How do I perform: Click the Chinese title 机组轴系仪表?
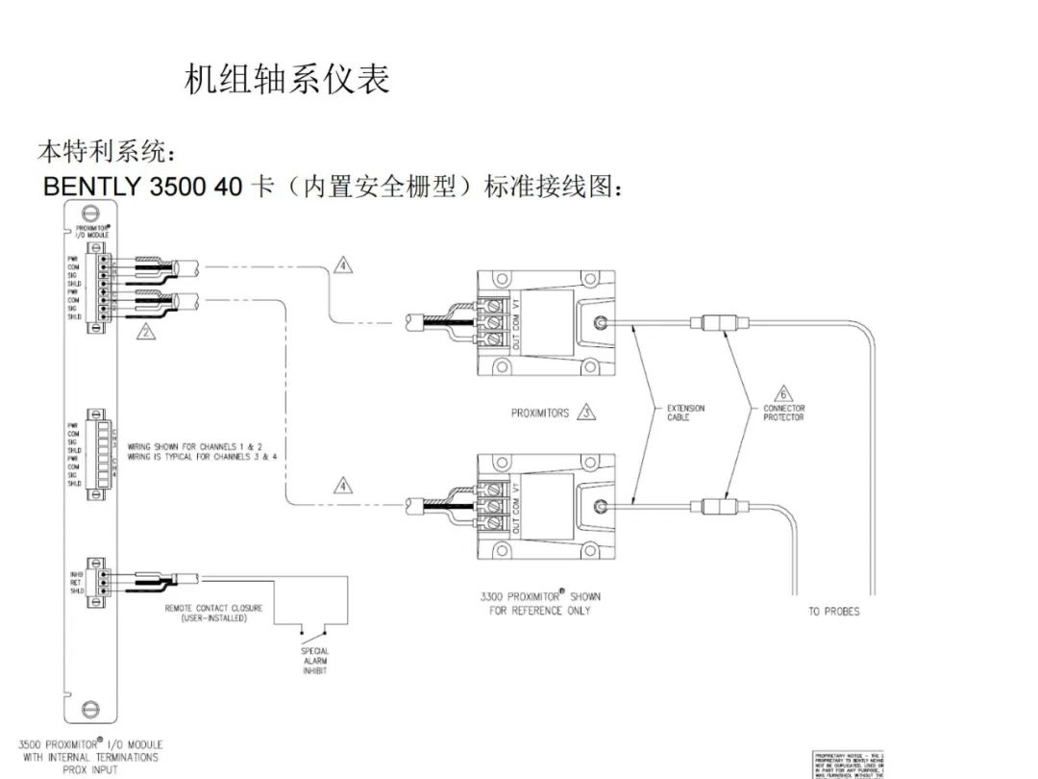pyautogui.click(x=286, y=80)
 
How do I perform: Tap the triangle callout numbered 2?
pyautogui.click(x=145, y=333)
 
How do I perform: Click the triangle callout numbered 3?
pyautogui.click(x=585, y=414)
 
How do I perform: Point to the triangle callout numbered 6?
pyautogui.click(x=782, y=394)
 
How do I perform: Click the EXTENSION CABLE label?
pyautogui.click(x=685, y=413)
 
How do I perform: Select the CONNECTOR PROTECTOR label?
pyautogui.click(x=783, y=413)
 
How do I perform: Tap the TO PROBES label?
pyautogui.click(x=833, y=612)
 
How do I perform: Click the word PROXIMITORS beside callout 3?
pyautogui.click(x=539, y=414)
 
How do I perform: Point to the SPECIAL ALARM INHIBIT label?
pyautogui.click(x=315, y=661)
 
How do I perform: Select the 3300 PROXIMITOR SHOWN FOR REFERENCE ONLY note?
pyautogui.click(x=539, y=603)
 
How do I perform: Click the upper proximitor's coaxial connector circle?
pyautogui.click(x=600, y=324)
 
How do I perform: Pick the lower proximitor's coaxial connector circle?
pyautogui.click(x=600, y=506)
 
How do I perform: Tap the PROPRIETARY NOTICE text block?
pyautogui.click(x=847, y=764)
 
